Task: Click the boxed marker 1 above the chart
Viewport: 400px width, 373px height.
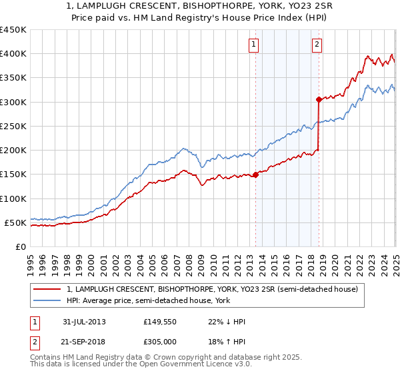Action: click(255, 45)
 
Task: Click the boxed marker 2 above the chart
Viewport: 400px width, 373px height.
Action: click(317, 45)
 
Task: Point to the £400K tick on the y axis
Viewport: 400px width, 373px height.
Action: click(13, 54)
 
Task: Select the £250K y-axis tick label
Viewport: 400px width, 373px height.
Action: click(13, 126)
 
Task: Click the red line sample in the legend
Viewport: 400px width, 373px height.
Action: click(47, 289)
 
